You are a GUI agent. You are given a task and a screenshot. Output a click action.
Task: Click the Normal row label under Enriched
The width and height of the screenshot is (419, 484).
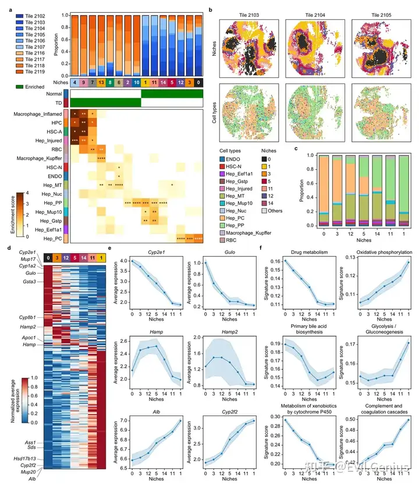point(54,94)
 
